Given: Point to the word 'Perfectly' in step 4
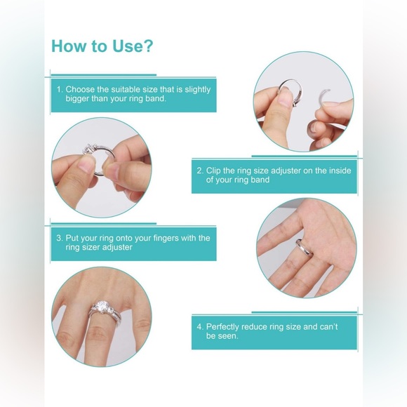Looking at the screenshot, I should (x=225, y=327).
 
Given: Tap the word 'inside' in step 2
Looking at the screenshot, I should (x=337, y=171).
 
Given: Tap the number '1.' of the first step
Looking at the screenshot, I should (x=60, y=90).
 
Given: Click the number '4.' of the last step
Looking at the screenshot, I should (x=200, y=327).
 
